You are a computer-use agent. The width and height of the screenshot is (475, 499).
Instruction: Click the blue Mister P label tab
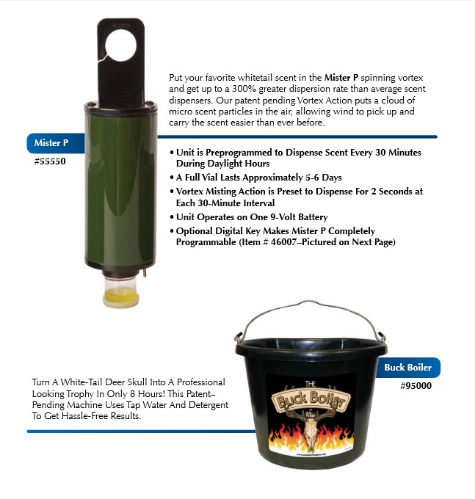pyautogui.click(x=51, y=143)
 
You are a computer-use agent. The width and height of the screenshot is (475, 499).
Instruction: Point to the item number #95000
pyautogui.click(x=416, y=385)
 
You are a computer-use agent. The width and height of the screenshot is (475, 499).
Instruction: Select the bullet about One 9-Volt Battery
pyautogui.click(x=252, y=217)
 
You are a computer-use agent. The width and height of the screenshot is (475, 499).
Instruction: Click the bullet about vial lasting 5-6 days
pyautogui.click(x=259, y=178)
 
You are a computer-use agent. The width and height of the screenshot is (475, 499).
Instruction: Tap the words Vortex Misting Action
pyautogui.click(x=225, y=191)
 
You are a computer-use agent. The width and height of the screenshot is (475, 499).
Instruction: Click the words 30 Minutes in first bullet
pyautogui.click(x=396, y=153)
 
